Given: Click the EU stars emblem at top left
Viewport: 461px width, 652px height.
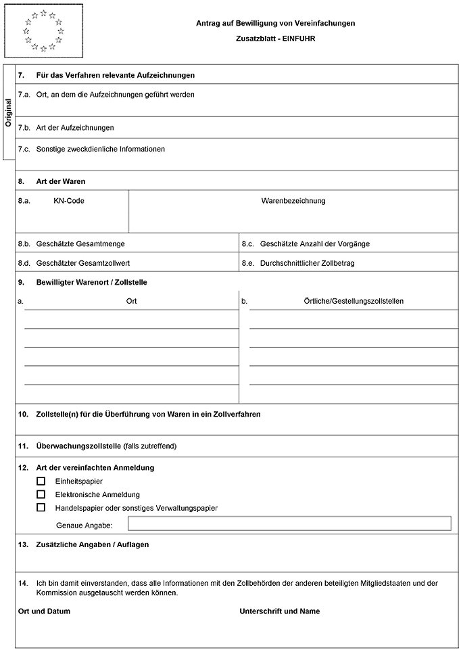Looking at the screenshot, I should point(43,30).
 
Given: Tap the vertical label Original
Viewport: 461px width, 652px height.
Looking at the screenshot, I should point(9,113).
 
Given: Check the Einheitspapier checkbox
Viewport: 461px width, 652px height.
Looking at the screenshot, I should point(41,481).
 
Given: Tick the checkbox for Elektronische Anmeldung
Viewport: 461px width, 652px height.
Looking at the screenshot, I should point(41,494).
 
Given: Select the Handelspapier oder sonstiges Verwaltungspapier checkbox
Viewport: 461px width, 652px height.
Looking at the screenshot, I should point(41,507).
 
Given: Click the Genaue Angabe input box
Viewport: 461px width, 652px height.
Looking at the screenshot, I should point(289,523).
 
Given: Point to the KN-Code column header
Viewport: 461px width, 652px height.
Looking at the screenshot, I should point(69,201).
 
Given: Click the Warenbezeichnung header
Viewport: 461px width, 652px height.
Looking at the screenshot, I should point(293,201).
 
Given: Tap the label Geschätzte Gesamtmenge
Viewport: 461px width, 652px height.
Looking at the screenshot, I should point(80,243).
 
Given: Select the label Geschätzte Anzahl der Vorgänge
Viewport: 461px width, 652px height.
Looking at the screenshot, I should point(314,243).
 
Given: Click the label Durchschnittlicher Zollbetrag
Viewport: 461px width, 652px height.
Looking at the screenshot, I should point(307,262).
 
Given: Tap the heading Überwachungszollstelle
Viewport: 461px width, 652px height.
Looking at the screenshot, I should point(78,446).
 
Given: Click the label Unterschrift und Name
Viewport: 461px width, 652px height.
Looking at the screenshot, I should point(280,611).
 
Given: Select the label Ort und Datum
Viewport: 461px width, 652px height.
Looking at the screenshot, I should point(44,611).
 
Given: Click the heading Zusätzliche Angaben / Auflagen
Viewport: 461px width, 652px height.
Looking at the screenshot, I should point(92,544).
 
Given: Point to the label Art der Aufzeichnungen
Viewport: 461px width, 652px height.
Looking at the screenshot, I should point(75,127).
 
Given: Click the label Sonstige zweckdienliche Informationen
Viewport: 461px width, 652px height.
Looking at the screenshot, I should point(101,149).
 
